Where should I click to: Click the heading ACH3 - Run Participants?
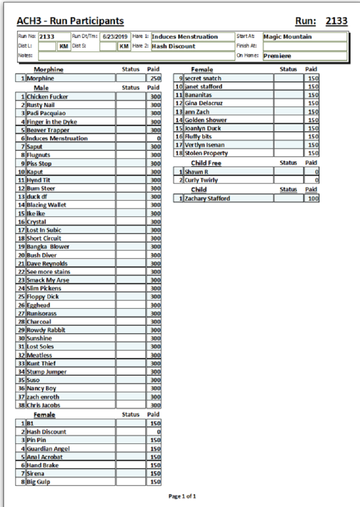pos(70,21)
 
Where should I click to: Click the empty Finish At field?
pos(304,46)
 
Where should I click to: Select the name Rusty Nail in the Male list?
pos(41,105)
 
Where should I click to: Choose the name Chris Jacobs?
pos(43,405)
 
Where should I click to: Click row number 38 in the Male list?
pos(20,405)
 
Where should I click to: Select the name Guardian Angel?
pos(48,449)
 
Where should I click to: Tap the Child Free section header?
pos(206,163)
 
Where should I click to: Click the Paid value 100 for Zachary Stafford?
pos(313,199)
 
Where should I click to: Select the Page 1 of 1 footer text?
pos(182,496)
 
